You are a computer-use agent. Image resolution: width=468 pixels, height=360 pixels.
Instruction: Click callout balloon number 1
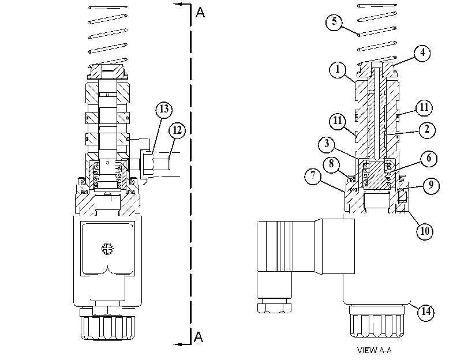click(338, 70)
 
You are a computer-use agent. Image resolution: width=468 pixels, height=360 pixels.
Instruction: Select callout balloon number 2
click(427, 130)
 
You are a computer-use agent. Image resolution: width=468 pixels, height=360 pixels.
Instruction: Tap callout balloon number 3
click(327, 144)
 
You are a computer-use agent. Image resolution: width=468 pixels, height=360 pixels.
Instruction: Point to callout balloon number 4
click(422, 53)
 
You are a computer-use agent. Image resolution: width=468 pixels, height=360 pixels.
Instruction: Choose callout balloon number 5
click(334, 22)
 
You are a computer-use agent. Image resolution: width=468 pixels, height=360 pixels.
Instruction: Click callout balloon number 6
click(429, 158)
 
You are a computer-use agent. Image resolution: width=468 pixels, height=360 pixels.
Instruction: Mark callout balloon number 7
click(313, 175)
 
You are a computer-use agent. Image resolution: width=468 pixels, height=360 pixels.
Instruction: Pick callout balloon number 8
click(332, 164)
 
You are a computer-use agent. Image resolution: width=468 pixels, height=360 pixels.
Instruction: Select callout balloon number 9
click(430, 185)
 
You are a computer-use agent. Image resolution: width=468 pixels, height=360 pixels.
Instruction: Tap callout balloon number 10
click(425, 231)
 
